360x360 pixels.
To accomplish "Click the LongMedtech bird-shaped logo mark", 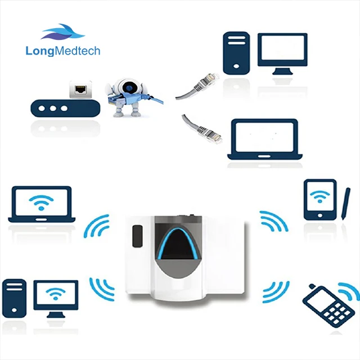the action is coord(62,31).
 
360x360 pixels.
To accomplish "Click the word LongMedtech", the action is coord(63,51).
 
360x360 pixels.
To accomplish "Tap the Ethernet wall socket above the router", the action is coord(80,89).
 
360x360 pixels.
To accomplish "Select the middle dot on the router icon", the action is coord(53,109).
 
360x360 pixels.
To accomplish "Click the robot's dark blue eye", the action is coord(129,88).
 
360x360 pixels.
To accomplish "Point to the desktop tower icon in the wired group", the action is coord(236,53).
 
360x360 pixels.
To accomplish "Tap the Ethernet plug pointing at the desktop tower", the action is coord(209,80).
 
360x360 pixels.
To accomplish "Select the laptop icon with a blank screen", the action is coord(265,139).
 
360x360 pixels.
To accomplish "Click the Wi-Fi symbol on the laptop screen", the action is coord(41,202).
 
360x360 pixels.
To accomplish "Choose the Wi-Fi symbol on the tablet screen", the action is coord(320,196).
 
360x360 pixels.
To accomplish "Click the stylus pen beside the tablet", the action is coord(346,204).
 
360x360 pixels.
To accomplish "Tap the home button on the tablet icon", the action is coord(320,215).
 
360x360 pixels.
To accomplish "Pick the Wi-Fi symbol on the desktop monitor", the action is coord(56,294).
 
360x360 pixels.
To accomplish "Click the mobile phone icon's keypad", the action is coord(336,313).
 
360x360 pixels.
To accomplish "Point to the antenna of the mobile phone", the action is coord(312,287).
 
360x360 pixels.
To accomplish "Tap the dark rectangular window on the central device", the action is coord(137,236).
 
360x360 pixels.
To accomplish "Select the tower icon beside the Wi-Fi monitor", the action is coord(14,298).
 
